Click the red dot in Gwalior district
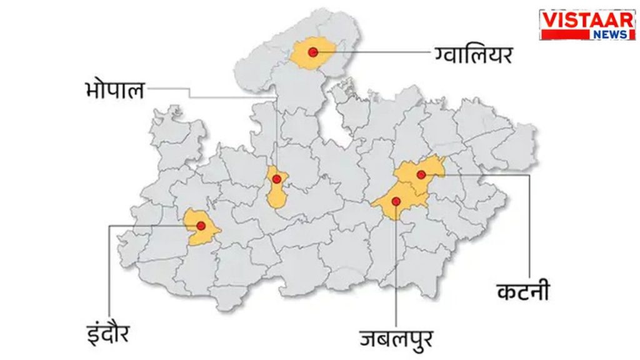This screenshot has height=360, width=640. click(x=312, y=52)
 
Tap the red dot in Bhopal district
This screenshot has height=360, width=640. click(x=276, y=179)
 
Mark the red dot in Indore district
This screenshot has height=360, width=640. click(x=201, y=226)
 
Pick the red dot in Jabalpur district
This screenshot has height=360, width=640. click(x=396, y=201)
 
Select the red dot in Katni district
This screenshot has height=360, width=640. click(x=421, y=174)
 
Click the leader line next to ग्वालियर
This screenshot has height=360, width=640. click(x=375, y=52)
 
